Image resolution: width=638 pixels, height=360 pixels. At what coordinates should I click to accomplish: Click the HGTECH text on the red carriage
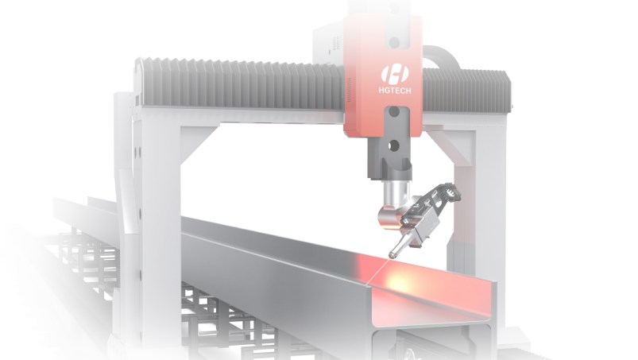click(x=394, y=91)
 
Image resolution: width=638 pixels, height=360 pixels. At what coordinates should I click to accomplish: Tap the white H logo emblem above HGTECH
click(x=395, y=75)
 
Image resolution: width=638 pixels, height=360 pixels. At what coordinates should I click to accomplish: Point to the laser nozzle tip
click(x=392, y=256)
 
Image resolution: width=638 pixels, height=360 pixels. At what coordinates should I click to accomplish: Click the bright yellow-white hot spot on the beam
click(x=400, y=280)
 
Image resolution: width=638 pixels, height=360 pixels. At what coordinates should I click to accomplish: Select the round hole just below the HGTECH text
click(x=394, y=111)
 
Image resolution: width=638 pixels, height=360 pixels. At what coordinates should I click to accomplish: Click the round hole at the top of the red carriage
click(x=394, y=42)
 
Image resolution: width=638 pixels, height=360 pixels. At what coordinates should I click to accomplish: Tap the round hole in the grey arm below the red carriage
click(x=393, y=145)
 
